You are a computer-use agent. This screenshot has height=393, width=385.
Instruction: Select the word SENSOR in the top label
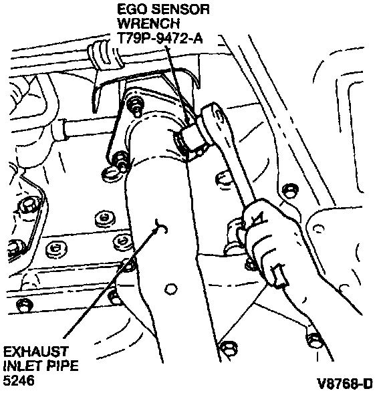(180, 10)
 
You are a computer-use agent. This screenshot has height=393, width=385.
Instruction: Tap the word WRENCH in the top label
(148, 24)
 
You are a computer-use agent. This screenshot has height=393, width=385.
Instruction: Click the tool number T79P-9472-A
(160, 38)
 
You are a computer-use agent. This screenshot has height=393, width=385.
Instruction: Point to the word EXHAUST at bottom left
(36, 352)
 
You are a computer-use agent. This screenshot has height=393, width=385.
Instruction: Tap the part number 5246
(19, 380)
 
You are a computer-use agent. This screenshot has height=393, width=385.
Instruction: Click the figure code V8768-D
(345, 383)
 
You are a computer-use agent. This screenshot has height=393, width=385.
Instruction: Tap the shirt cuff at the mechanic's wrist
(278, 275)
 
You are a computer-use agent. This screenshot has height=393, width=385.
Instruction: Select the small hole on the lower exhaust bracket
(171, 289)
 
